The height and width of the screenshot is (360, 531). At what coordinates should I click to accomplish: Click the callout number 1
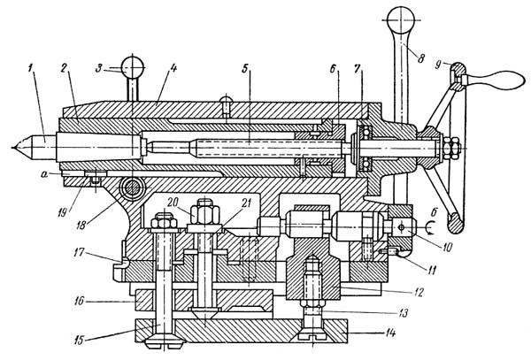31,69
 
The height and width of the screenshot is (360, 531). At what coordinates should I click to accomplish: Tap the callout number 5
245,68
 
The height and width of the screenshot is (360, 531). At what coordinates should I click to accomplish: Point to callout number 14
389,333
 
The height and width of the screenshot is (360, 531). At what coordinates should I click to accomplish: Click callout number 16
80,301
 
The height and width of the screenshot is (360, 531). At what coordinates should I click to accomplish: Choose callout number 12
419,292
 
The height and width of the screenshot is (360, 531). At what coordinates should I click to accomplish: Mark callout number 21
246,203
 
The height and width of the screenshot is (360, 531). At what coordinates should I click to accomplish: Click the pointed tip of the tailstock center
12,148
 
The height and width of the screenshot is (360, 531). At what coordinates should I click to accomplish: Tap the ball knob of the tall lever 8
401,20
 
